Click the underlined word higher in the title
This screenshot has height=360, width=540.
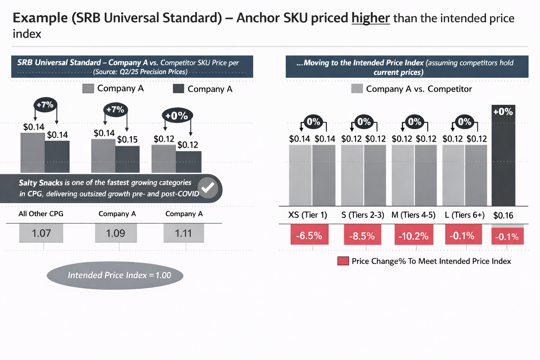[x=371, y=18]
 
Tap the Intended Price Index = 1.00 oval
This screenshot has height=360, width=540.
[x=115, y=275]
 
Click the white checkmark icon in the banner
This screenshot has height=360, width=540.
[x=208, y=188]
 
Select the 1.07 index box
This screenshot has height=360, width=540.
[x=41, y=233]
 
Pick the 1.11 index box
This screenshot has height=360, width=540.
[x=184, y=233]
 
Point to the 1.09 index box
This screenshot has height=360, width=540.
[x=116, y=233]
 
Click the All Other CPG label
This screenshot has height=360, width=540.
[x=41, y=214]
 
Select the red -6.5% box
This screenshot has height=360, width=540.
[x=309, y=236]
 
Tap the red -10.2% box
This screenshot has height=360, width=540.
[x=413, y=236]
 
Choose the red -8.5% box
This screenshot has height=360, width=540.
[x=362, y=236]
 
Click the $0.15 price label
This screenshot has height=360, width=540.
[x=127, y=140]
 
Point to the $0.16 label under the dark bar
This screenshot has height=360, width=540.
[x=503, y=216]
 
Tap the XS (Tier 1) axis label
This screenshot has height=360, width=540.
[x=308, y=215]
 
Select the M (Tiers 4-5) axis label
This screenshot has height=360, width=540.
[x=413, y=215]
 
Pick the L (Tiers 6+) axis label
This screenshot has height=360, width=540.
[x=464, y=215]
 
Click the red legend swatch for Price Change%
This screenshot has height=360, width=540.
[x=343, y=261]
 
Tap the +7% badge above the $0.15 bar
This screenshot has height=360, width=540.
[x=115, y=109]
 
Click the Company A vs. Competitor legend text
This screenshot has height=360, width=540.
[x=419, y=89]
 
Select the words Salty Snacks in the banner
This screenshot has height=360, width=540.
[x=40, y=183]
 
